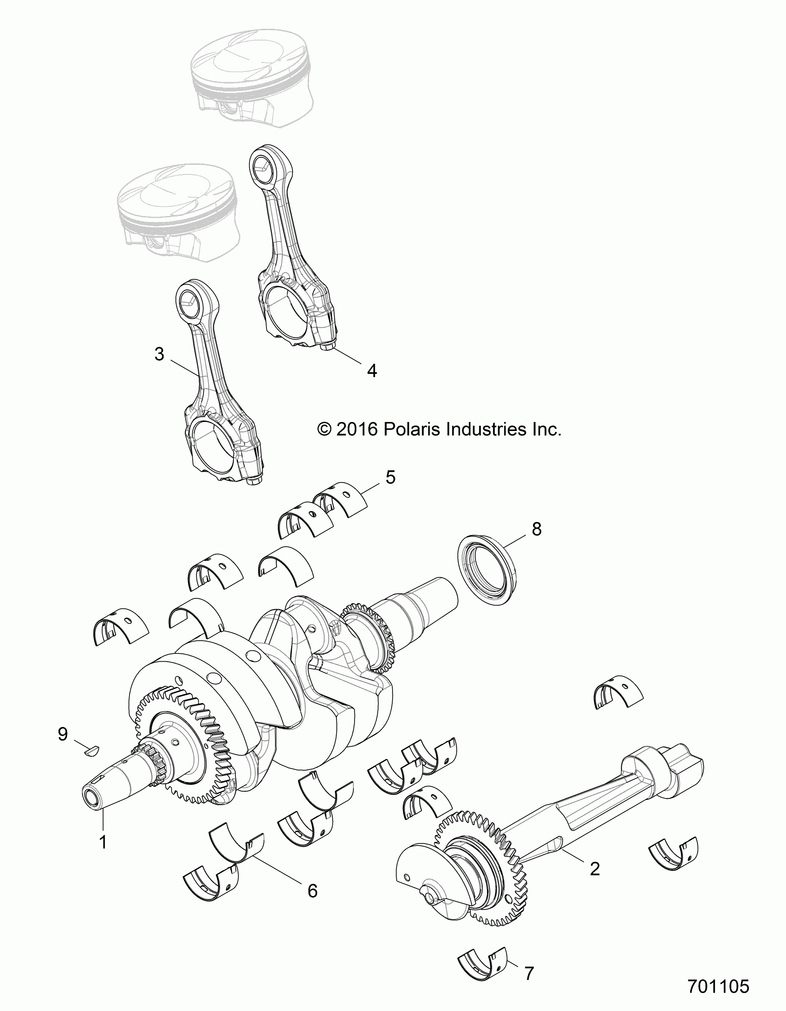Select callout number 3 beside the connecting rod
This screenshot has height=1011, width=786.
click(x=159, y=355)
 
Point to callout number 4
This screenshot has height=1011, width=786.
click(x=372, y=370)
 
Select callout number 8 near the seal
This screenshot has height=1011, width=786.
click(x=537, y=529)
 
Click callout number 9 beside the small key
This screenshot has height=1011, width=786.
click(x=63, y=734)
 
